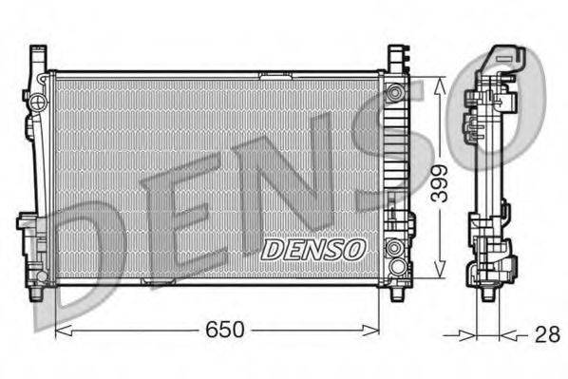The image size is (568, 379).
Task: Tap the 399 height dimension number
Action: tap(439, 180)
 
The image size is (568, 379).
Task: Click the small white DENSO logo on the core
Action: tap(313, 250)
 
